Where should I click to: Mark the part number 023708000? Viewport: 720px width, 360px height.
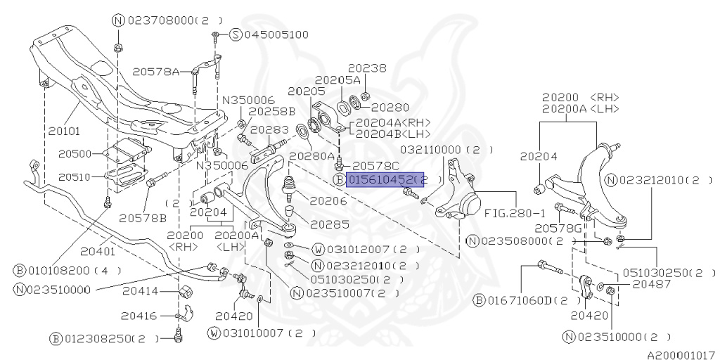(x=162, y=20)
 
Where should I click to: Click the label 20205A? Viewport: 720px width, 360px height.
(x=338, y=79)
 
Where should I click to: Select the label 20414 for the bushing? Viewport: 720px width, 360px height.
(x=137, y=291)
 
